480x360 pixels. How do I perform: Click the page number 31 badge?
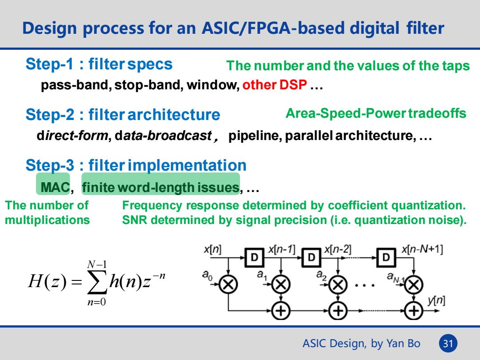448,343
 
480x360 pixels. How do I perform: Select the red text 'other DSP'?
275,84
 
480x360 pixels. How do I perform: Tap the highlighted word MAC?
55,188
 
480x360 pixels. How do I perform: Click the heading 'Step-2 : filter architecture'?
123,115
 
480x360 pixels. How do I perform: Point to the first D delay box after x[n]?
254,257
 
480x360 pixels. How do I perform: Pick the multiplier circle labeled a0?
228,285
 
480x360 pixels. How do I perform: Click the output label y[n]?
436,300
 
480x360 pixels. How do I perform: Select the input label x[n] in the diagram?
212,249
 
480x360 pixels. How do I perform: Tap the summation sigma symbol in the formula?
97,282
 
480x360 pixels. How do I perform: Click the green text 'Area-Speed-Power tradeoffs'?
376,113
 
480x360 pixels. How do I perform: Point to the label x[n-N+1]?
422,249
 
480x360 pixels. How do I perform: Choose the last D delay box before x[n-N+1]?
386,257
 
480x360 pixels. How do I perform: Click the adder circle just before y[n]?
414,311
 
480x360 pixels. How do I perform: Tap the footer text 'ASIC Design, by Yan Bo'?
361,343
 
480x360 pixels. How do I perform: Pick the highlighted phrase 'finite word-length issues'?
160,188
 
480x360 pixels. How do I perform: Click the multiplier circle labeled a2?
338,285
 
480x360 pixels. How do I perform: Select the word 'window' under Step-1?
213,84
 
